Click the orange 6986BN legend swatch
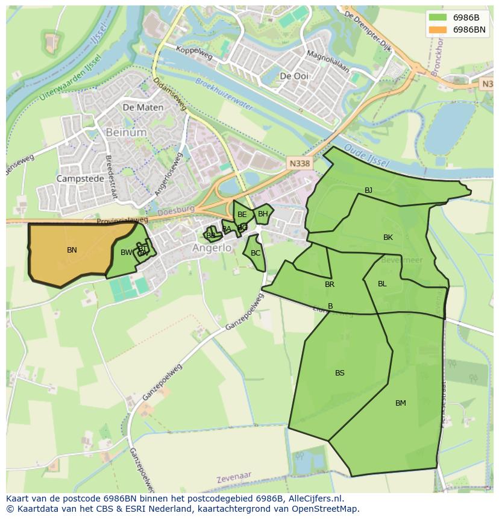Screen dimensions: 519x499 pos(438,30)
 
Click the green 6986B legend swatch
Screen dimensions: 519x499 pos(438,17)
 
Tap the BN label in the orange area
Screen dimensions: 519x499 pos(72,250)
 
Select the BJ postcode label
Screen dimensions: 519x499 pos(368,190)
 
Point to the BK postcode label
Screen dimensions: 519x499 pos(388,237)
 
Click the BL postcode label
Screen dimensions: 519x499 pos(382,284)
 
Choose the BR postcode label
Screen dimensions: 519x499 pos(330,285)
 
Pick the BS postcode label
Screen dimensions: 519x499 pos(340,373)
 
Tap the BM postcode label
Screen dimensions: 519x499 pos(401,403)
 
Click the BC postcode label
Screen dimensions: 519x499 pos(256,253)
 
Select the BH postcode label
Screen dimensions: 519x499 pos(263,214)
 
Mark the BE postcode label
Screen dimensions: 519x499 pos(242,215)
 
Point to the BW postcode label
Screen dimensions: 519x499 pos(126,253)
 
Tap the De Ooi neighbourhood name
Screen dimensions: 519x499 pos(294,76)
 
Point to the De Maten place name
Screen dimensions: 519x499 pos(143,107)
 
